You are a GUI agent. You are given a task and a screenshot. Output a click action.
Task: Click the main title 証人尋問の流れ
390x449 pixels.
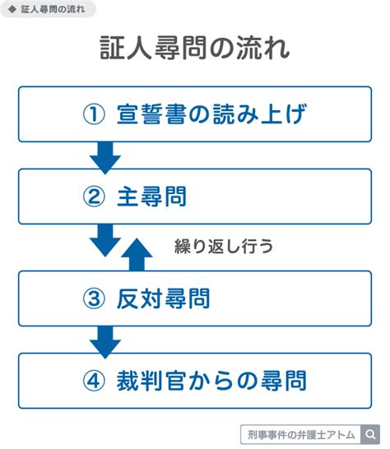click(195, 48)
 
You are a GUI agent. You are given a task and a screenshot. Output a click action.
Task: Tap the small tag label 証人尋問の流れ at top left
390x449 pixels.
click(53, 9)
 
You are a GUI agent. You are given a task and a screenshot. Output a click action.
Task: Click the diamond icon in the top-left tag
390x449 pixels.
click(12, 9)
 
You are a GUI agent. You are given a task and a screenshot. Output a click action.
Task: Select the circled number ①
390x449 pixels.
click(94, 114)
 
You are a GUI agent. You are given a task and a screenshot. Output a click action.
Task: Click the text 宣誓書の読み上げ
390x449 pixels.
click(211, 114)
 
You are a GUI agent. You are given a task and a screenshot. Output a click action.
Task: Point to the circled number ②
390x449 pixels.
click(94, 197)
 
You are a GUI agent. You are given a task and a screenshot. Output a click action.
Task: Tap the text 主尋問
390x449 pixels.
click(151, 197)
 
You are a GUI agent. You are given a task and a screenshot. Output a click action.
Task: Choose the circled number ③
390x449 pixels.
click(94, 299)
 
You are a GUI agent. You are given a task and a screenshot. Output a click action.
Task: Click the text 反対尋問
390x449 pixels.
click(164, 299)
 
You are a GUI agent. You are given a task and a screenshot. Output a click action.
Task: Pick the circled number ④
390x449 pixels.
click(94, 381)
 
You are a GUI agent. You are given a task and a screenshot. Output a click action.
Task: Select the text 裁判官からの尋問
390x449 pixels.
click(211, 381)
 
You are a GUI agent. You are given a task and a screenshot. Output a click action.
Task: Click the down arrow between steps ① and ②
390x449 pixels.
click(105, 158)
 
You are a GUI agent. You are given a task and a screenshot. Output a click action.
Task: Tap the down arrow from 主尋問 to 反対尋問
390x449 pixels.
click(105, 240)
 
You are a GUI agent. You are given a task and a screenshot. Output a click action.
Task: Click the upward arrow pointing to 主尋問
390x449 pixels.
click(137, 254)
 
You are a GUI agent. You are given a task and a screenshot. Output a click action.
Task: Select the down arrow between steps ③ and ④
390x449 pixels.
click(105, 342)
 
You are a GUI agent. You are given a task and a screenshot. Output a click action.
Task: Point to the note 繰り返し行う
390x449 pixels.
click(224, 246)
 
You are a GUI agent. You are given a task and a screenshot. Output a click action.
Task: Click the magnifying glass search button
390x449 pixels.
click(370, 434)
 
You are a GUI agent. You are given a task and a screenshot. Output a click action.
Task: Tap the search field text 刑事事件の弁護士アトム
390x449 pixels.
click(301, 435)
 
